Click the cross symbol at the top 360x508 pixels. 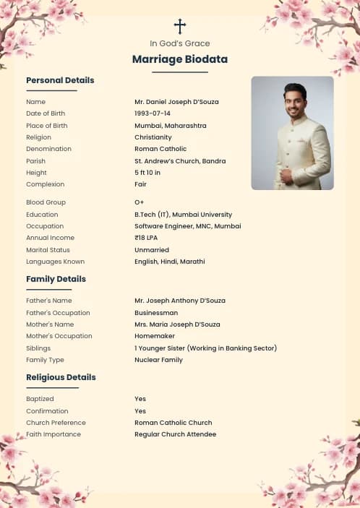[x=180, y=27]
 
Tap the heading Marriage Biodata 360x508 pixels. [x=180, y=59]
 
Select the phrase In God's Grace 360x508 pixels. [x=180, y=43]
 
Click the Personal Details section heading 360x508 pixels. [x=60, y=80]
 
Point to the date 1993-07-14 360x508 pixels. [x=153, y=113]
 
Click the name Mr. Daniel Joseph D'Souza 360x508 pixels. [x=176, y=102]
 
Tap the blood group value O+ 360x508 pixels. [x=140, y=202]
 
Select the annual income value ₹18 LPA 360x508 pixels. [x=147, y=238]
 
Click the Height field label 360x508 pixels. [x=36, y=173]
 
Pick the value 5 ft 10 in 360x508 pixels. [x=147, y=173]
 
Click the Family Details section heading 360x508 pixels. [x=56, y=279]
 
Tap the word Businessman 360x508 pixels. [x=156, y=313]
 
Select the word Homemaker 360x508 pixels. [x=154, y=336]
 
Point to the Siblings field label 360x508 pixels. [x=38, y=348]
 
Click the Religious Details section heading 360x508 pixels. [x=61, y=377]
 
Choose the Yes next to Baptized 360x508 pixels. [x=140, y=399]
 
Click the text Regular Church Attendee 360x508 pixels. [x=175, y=434]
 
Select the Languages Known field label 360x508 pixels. [x=55, y=262]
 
